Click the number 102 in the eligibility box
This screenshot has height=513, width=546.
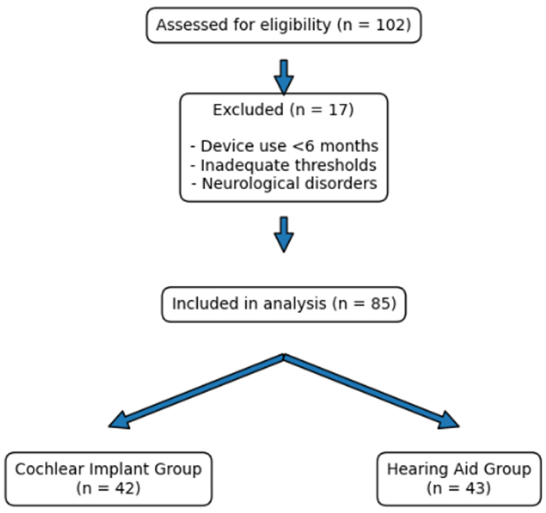coord(390,25)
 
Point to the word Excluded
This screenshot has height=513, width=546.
coord(248,110)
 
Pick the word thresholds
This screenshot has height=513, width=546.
coord(336,165)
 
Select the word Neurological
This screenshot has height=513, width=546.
coord(250,184)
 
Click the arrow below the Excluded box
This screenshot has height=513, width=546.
coord(284,235)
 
